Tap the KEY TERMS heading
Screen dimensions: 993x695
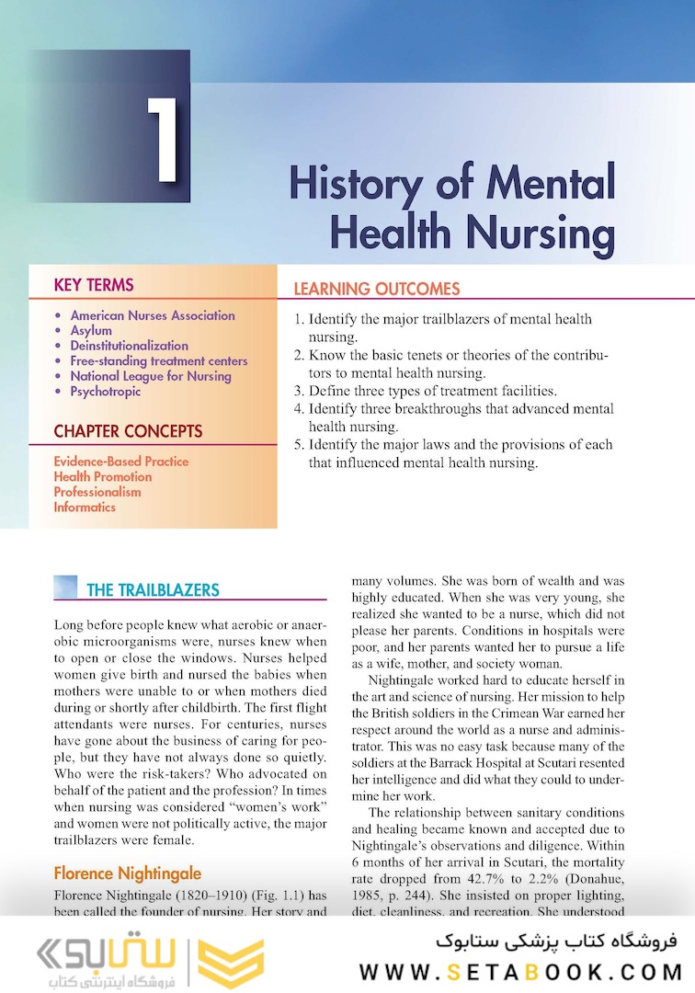(x=94, y=285)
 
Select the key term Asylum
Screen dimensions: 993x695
(x=91, y=330)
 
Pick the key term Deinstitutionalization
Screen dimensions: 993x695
(x=129, y=346)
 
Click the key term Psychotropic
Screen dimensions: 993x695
(x=106, y=391)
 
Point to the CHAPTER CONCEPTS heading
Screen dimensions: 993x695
(x=128, y=431)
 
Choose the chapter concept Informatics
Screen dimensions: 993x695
(x=85, y=507)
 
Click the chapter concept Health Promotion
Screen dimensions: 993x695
(x=102, y=476)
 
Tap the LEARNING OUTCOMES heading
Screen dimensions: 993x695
(x=376, y=289)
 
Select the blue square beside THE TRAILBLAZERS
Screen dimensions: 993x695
(x=65, y=587)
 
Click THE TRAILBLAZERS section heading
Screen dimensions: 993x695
(x=153, y=589)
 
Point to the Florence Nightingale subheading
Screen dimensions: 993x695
(x=127, y=873)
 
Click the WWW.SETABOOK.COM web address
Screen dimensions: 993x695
(x=520, y=971)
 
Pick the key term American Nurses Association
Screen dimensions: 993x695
(x=153, y=315)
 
